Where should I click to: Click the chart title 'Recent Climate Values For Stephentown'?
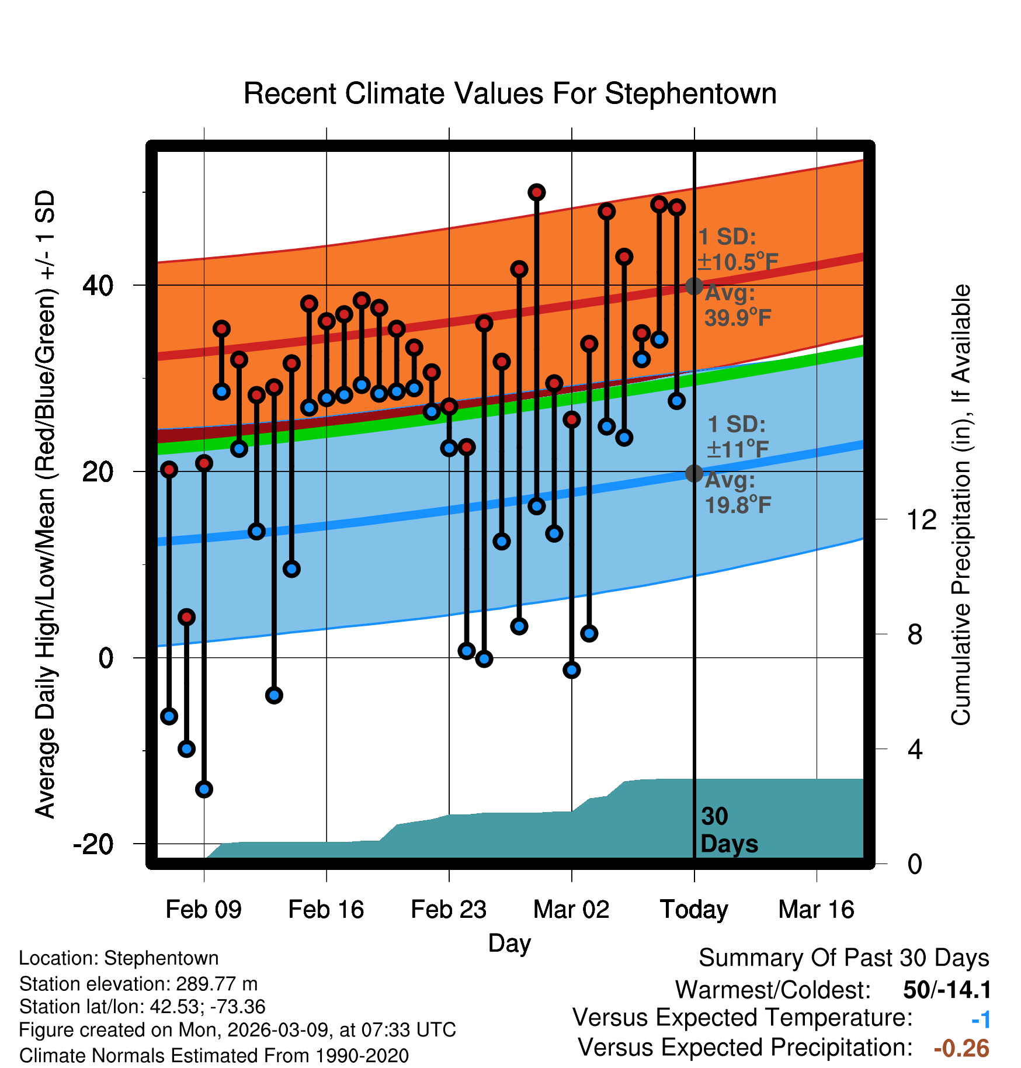510,93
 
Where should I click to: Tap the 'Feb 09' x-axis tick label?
203,910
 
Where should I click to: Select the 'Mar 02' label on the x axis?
571,910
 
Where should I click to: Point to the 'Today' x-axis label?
694,910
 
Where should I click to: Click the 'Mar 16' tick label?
816,910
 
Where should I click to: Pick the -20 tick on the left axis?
93,844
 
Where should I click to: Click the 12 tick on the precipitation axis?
922,519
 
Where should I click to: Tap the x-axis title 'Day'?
509,943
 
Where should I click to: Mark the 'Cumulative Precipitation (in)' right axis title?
961,505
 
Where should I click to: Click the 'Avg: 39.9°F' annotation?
737,306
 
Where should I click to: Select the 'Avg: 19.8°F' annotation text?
737,493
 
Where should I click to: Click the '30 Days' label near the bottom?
728,830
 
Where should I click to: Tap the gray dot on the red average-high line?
694,286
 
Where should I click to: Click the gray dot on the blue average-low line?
694,473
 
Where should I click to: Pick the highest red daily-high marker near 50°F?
537,192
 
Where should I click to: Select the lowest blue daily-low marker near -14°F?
204,789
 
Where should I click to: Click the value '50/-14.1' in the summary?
947,990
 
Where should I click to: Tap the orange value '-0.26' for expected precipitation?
961,1048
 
